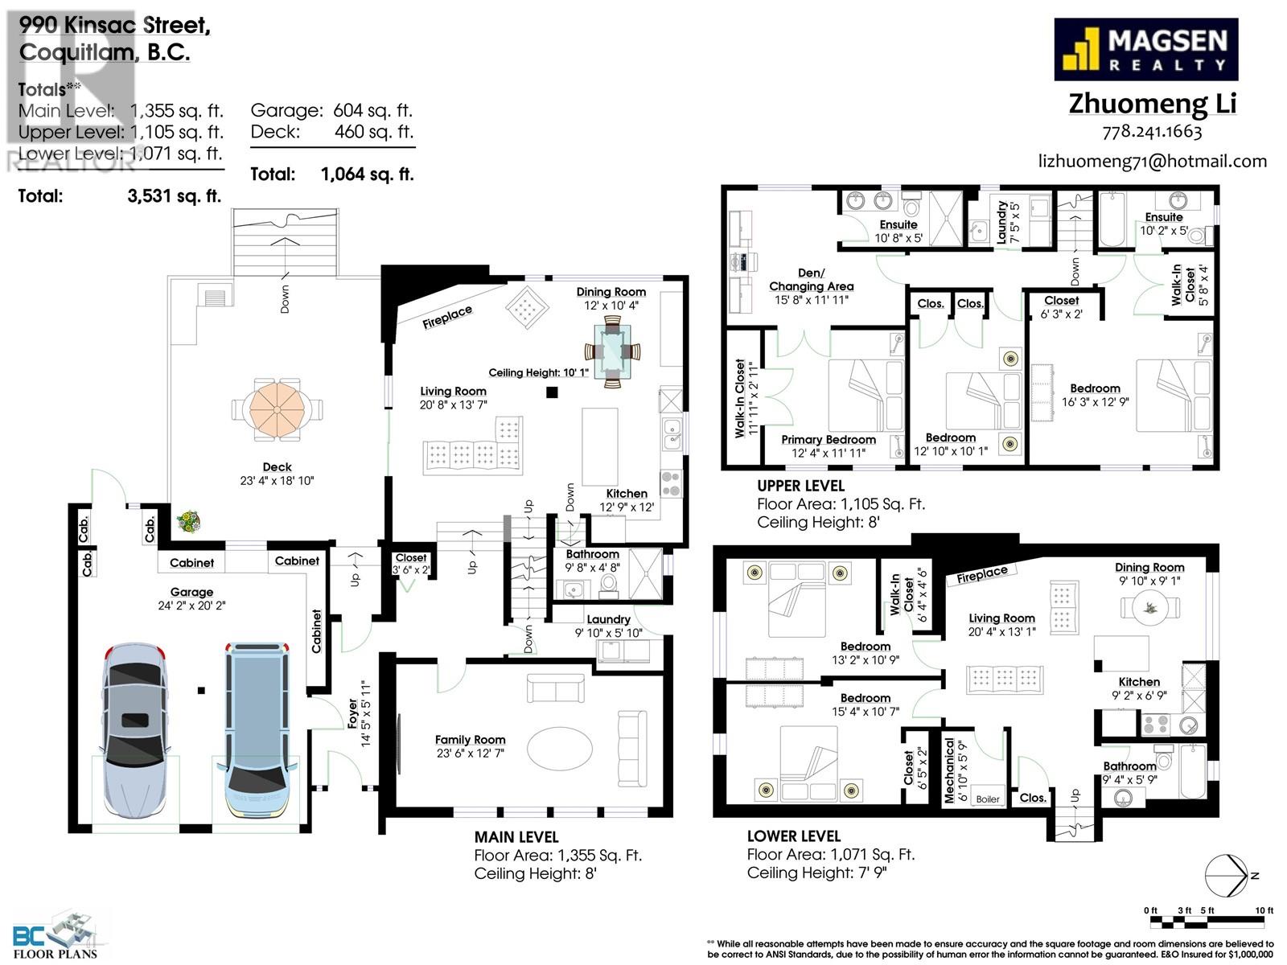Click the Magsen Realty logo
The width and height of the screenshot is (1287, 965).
coord(1145,50)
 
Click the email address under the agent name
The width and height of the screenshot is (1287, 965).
coord(1152,162)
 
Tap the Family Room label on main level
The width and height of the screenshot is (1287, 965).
coord(470,740)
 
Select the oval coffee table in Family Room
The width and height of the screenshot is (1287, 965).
coord(561,749)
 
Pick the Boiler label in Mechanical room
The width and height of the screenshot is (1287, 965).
coord(987,799)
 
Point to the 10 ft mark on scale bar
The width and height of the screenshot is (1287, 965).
coord(1264,910)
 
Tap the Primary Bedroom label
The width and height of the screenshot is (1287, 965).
coord(828,440)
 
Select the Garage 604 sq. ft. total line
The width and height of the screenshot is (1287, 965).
coord(331,110)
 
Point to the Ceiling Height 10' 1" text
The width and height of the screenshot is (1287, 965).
coord(538,372)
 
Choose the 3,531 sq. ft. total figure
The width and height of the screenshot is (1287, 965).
coord(174,195)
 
